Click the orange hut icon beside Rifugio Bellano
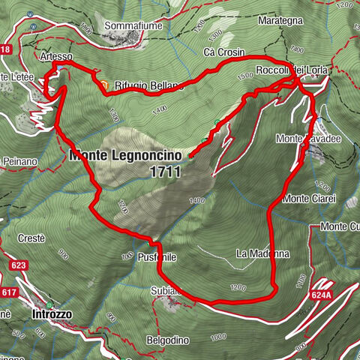pos(106,85)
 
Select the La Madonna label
pos(262,253)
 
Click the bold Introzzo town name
pos(52,315)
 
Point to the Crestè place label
pos(31,238)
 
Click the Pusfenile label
pos(156,256)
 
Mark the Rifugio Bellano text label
pos(139,86)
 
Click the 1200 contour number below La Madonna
pos(238,287)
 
